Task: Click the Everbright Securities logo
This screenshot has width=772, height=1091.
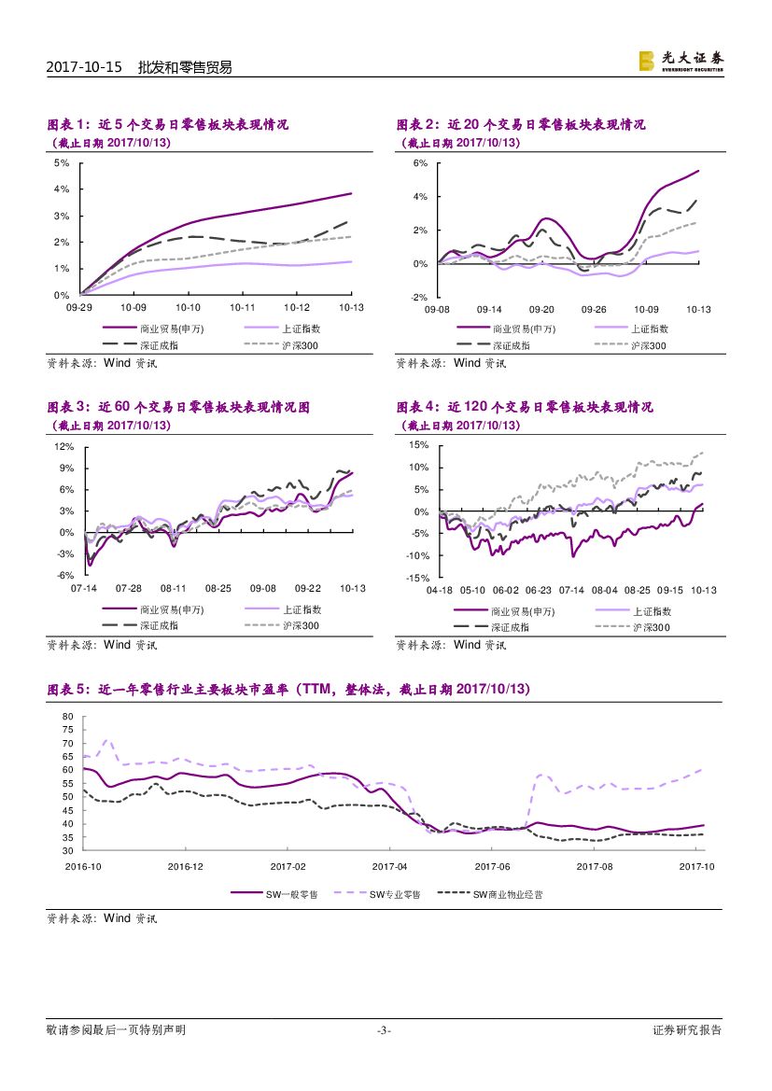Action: point(681,61)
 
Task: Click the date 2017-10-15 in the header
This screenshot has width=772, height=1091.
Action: point(84,67)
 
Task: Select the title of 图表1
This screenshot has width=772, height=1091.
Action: point(167,124)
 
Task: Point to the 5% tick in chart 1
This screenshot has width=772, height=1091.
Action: point(62,162)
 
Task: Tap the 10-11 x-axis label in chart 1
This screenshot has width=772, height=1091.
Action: point(242,307)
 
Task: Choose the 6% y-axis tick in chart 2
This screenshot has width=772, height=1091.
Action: point(420,163)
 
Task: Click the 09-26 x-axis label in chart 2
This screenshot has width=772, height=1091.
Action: point(594,308)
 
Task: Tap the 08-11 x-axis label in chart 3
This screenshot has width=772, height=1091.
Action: point(174,589)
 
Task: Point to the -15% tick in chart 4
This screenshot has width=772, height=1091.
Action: point(416,579)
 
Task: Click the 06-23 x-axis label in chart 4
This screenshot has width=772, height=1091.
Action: point(538,591)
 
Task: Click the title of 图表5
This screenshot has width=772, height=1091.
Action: point(288,689)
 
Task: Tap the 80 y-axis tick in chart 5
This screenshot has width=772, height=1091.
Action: point(67,717)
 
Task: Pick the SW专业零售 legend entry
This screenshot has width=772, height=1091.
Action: point(395,894)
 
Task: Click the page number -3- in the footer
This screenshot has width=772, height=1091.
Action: point(383,1030)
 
